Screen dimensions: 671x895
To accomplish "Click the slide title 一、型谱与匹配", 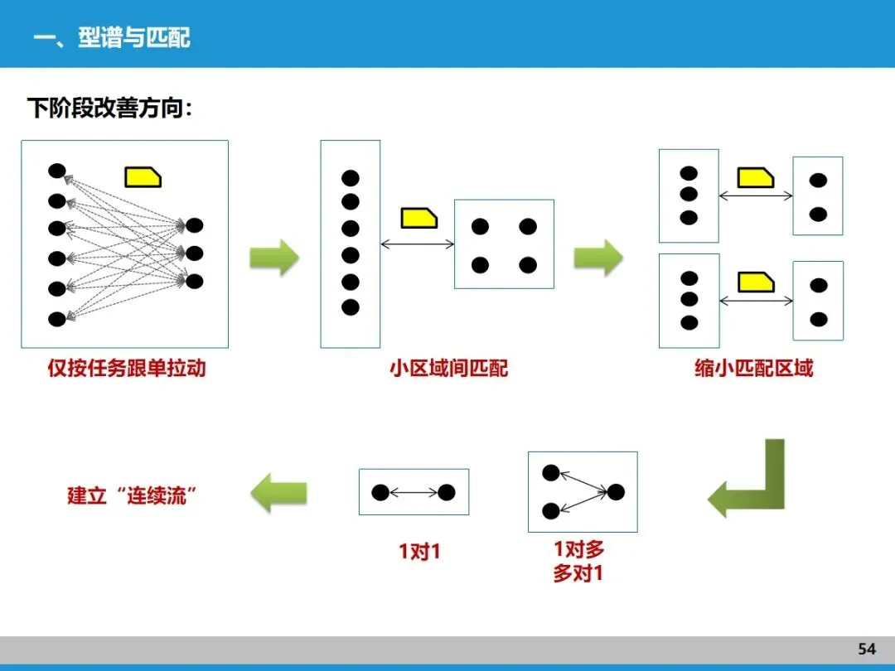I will [112, 38].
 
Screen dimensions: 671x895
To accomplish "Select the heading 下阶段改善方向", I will [109, 109].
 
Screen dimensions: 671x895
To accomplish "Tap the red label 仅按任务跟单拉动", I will [126, 368].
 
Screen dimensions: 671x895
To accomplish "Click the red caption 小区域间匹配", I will [449, 368].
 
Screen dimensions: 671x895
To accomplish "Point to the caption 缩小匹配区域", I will [754, 368].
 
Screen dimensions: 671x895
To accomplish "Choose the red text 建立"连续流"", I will [133, 495].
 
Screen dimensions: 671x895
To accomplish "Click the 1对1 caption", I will [419, 551].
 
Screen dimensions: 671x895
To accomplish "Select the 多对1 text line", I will [578, 572].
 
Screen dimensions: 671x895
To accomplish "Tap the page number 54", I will [867, 649].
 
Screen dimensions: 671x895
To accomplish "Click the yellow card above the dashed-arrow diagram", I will [143, 176].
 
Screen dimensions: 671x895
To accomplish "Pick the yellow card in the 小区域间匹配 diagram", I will [418, 218].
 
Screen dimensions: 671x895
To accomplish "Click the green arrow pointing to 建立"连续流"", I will [278, 494].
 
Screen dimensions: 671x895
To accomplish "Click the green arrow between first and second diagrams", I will [274, 258].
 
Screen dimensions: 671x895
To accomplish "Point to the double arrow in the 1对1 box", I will [414, 493].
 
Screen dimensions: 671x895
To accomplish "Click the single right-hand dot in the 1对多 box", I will [615, 492].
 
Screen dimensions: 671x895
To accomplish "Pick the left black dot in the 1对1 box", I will [380, 493].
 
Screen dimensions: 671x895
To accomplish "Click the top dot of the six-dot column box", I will [351, 177].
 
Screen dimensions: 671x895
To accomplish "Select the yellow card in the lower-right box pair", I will [756, 282].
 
